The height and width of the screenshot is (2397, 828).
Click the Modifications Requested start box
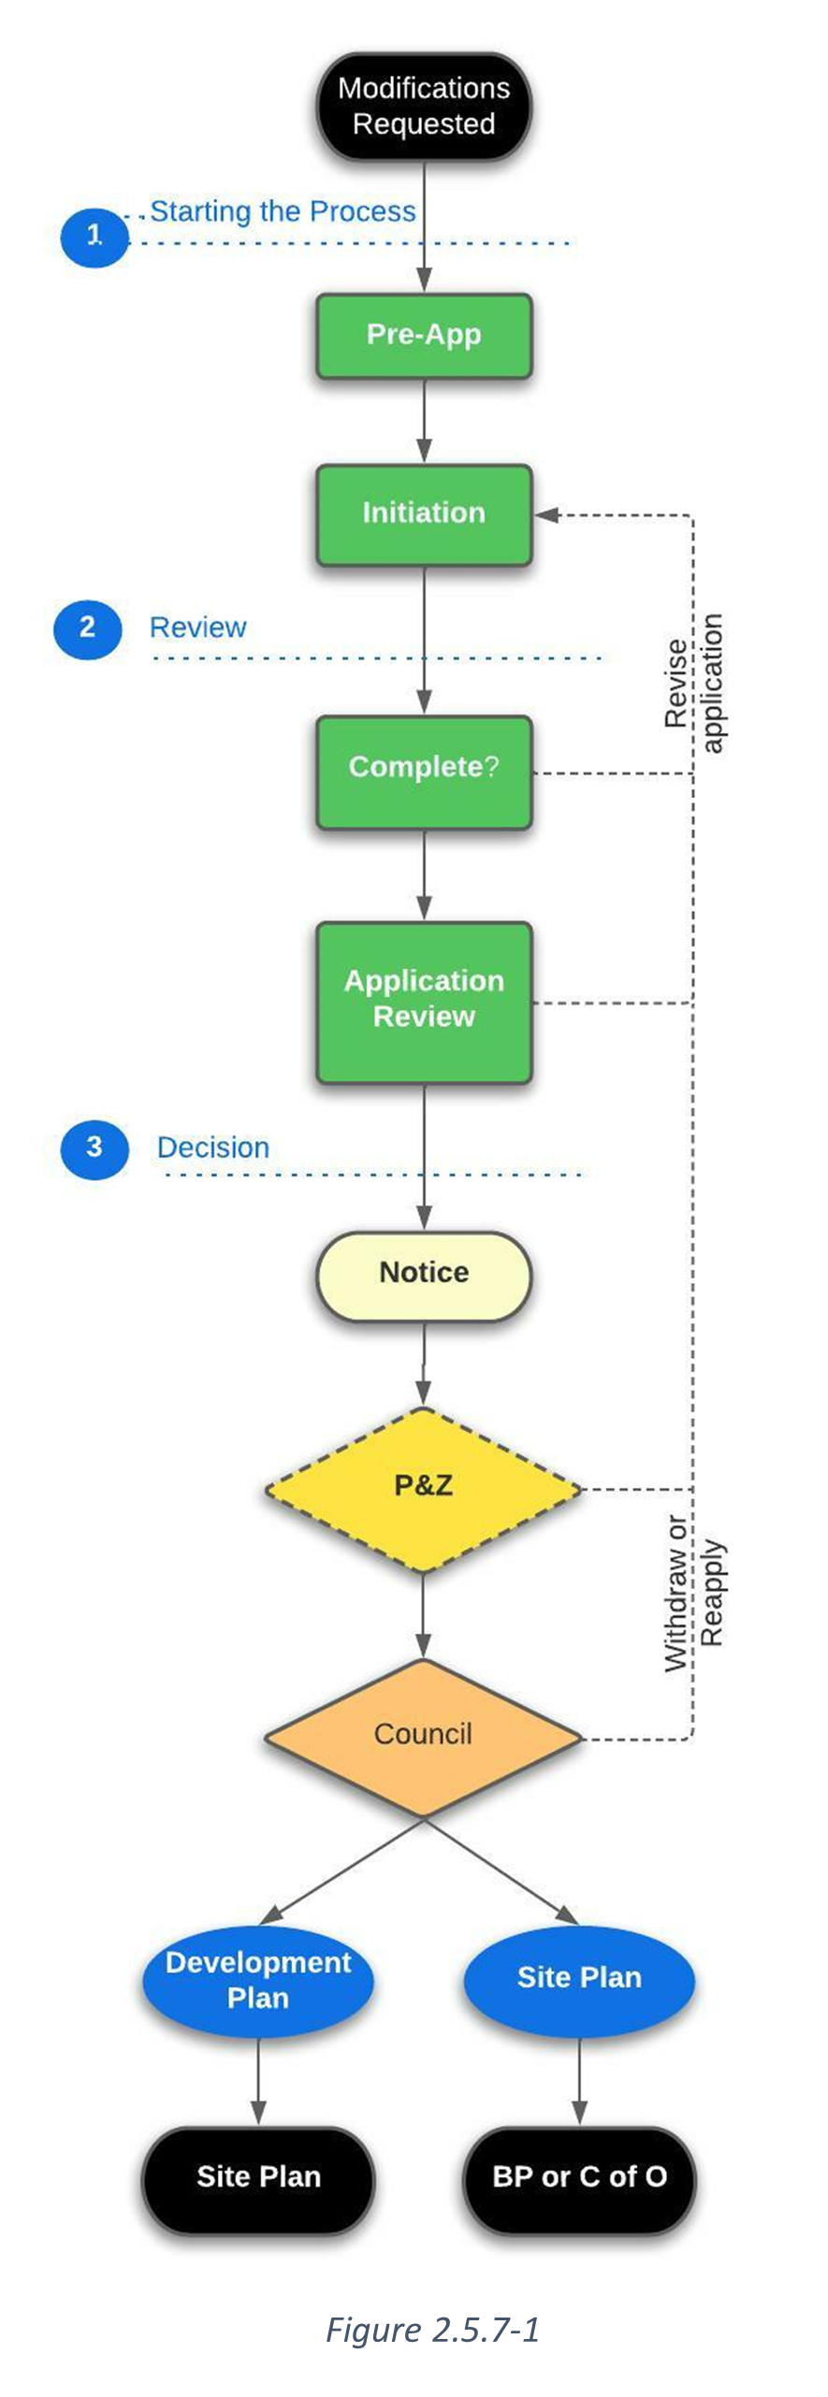point(424,106)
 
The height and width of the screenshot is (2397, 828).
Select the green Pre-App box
point(424,335)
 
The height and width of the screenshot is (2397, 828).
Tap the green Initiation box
point(424,513)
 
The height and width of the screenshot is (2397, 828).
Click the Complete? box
point(424,769)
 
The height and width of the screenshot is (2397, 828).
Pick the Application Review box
point(424,1000)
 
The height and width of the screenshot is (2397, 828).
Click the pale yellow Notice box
point(424,1274)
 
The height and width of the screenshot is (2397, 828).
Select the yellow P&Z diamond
point(424,1486)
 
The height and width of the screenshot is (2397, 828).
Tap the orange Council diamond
point(424,1735)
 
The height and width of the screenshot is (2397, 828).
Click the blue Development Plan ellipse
point(258,1981)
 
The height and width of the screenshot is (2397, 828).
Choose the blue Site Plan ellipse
point(579,1978)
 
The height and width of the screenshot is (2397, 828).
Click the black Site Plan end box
point(258,2177)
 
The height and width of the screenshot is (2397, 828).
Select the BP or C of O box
point(579,2177)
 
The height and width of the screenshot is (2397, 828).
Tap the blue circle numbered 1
point(94,237)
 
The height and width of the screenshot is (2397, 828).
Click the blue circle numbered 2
point(88,628)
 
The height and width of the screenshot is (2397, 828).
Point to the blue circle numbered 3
point(94,1148)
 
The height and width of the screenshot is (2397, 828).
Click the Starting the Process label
point(283,212)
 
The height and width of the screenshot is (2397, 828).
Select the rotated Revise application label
point(693,683)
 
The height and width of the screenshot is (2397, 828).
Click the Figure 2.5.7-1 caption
point(432,2330)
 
